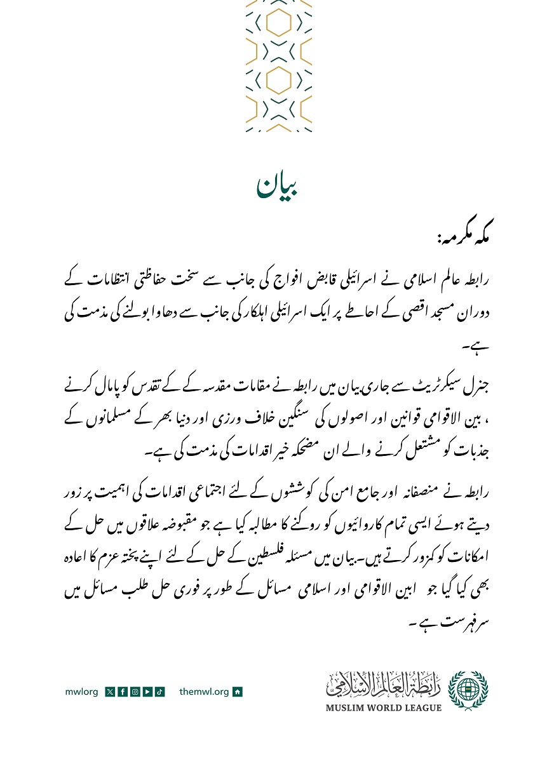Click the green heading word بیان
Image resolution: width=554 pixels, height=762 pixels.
coord(278,184)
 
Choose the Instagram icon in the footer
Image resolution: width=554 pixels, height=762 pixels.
coord(134,692)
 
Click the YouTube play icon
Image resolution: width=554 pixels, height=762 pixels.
coord(147,692)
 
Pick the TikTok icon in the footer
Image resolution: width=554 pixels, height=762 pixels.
coord(159,692)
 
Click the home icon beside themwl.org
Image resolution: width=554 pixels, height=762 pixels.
coord(238,692)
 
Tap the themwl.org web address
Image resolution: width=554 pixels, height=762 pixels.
coord(204,692)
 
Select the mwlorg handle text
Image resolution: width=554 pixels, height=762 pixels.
coord(82,692)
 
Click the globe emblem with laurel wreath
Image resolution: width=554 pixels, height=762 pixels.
coord(468,688)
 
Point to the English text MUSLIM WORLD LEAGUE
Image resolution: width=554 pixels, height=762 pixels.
coord(384,707)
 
